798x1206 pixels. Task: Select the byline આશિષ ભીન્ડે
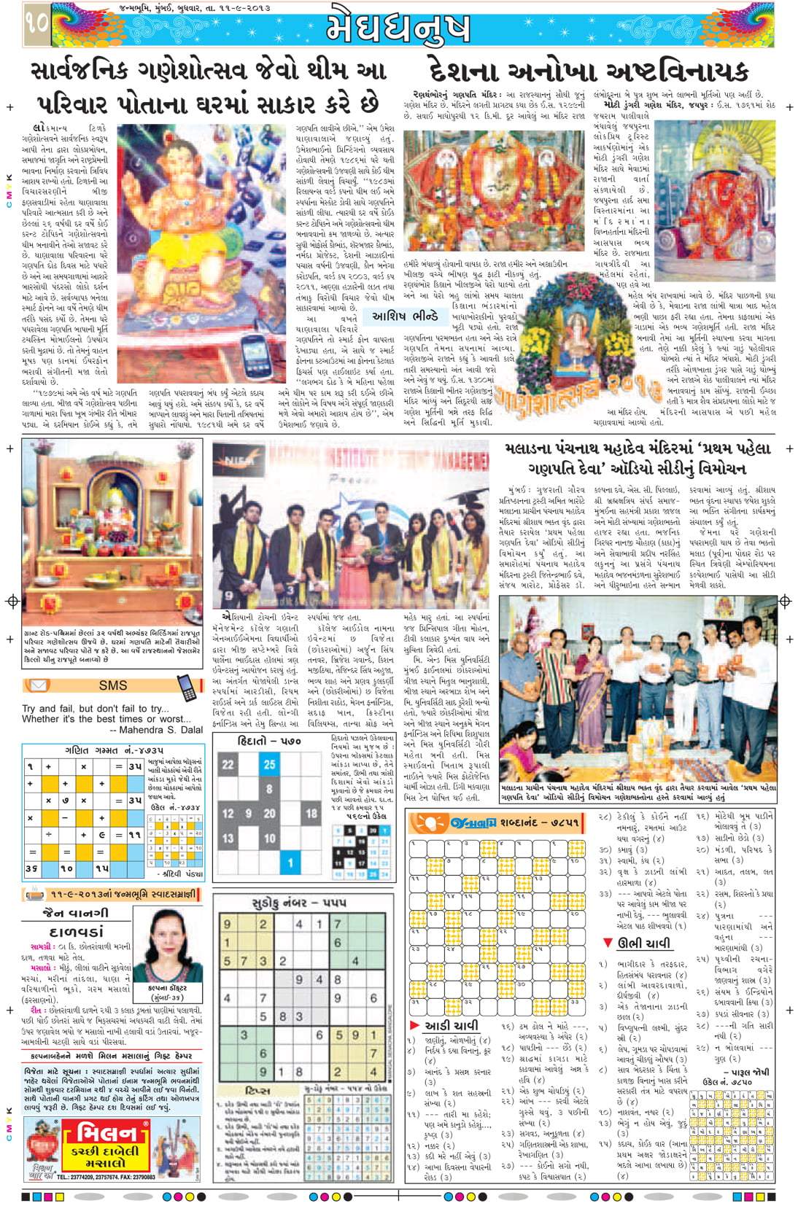point(405,317)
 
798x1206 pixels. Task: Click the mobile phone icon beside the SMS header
point(187,685)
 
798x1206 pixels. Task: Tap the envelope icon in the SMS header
point(36,685)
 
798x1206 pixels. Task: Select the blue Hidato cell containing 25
point(269,764)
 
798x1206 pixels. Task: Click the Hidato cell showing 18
point(311,814)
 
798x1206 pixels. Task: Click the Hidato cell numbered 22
point(228,764)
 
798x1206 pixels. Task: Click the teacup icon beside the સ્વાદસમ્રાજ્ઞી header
point(34,894)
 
